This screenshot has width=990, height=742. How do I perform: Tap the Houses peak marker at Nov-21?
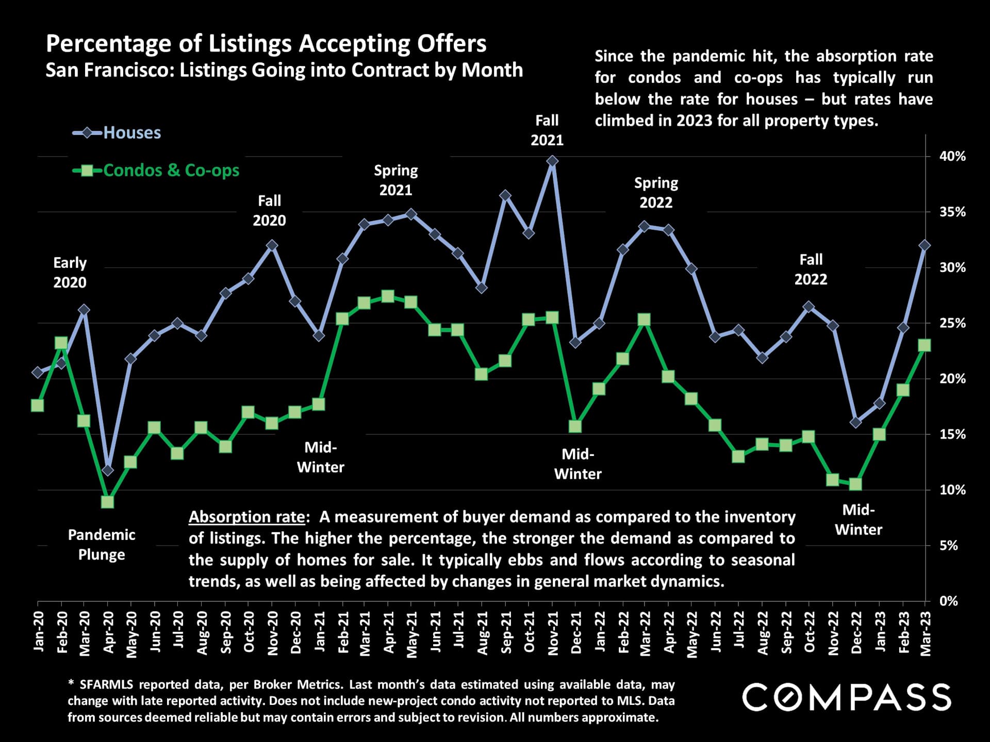pyautogui.click(x=552, y=161)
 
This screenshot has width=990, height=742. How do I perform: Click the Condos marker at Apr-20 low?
pyautogui.click(x=107, y=501)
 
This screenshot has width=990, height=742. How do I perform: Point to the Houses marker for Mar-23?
pyautogui.click(x=925, y=245)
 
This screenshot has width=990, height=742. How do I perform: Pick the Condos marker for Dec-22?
pyautogui.click(x=855, y=484)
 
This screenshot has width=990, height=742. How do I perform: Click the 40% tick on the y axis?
pyautogui.click(x=952, y=156)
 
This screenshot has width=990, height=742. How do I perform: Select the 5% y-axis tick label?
pyautogui.click(x=949, y=545)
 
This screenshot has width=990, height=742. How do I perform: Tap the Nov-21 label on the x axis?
pyautogui.click(x=553, y=633)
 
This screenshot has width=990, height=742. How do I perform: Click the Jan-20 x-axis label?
pyautogui.click(x=38, y=632)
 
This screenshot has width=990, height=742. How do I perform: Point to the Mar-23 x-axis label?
pyautogui.click(x=926, y=633)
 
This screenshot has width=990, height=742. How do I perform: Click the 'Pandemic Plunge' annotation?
pyautogui.click(x=102, y=545)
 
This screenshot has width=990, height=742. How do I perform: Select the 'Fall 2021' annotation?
pyautogui.click(x=547, y=130)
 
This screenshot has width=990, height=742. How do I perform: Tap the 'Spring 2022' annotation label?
pyautogui.click(x=656, y=193)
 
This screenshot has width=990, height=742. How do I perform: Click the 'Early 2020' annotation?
pyautogui.click(x=70, y=273)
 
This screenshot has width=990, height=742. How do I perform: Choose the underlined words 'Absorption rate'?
pyautogui.click(x=246, y=517)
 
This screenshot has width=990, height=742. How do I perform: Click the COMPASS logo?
pyautogui.click(x=846, y=698)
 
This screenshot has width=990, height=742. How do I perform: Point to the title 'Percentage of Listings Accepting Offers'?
pyautogui.click(x=266, y=44)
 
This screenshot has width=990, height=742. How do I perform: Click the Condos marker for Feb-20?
pyautogui.click(x=61, y=343)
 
